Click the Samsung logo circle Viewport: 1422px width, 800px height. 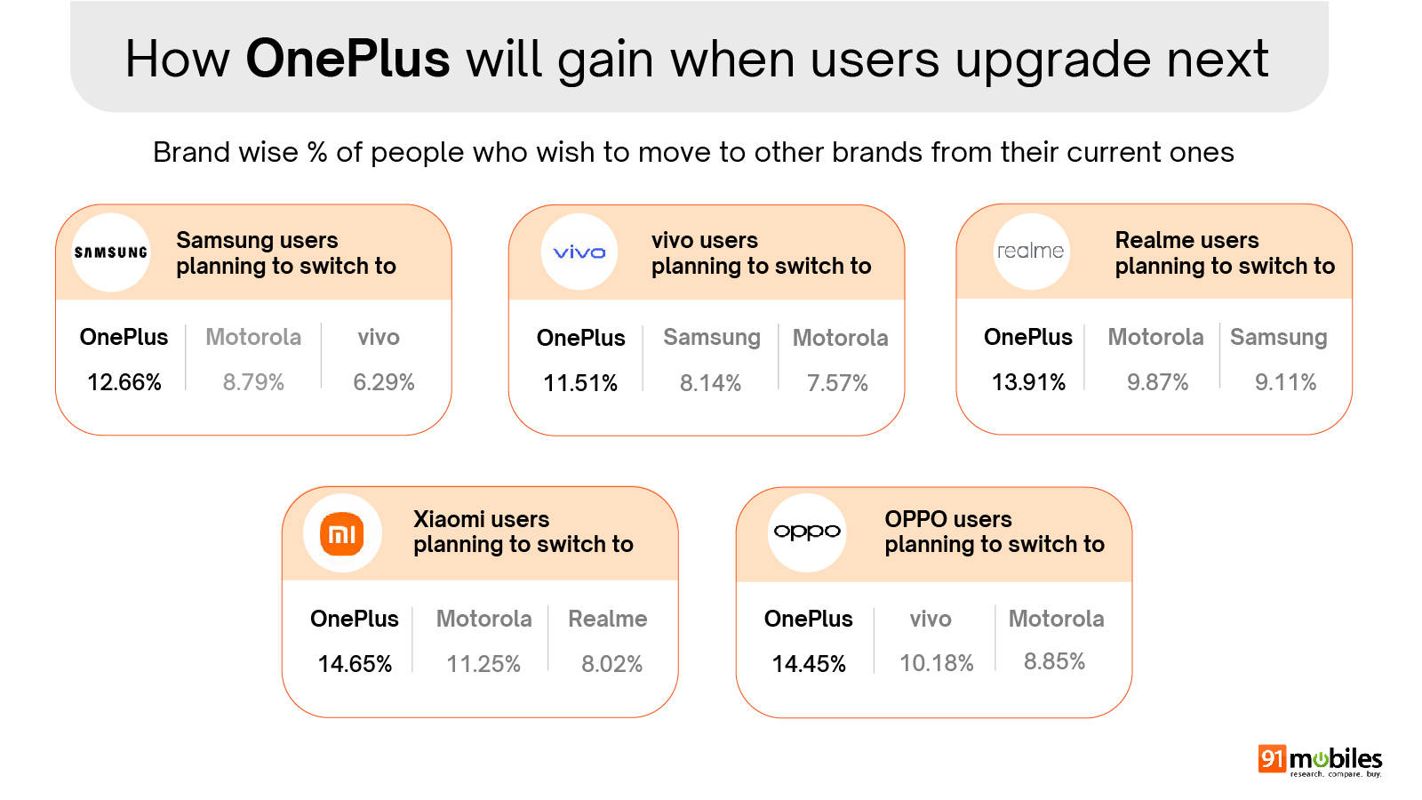point(111,252)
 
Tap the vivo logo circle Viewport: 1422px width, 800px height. point(579,252)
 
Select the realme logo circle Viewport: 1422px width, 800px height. point(1031,252)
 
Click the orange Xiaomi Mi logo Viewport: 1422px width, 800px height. point(342,533)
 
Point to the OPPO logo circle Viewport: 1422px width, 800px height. point(807,532)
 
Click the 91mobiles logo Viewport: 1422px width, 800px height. point(1321,761)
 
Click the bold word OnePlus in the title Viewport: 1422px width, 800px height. point(348,59)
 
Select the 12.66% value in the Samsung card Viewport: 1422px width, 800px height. point(124,382)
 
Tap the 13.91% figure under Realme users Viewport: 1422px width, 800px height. point(1028,382)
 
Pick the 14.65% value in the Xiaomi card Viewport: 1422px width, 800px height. point(355,664)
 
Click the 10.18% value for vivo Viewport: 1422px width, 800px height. point(937,663)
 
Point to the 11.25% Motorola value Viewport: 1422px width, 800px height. point(483,664)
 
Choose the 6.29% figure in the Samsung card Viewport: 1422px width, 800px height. point(383,382)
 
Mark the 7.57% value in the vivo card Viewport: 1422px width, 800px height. point(837,383)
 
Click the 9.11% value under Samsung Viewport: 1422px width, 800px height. point(1285,382)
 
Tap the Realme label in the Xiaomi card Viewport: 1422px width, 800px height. point(608,619)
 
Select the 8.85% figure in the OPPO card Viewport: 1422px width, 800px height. point(1054,661)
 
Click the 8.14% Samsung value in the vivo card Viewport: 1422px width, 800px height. point(710,383)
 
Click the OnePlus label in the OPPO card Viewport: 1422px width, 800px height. point(808,619)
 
